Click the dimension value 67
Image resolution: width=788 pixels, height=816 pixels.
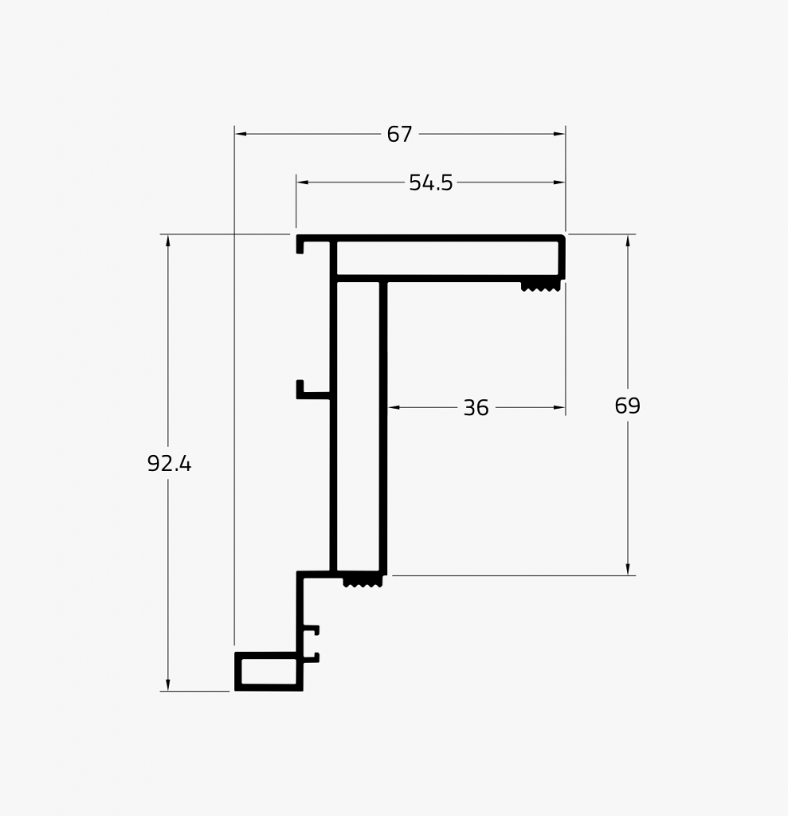coord(399,135)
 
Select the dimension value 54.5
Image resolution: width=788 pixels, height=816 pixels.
coord(430,183)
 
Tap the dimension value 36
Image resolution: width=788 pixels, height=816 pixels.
coord(476,408)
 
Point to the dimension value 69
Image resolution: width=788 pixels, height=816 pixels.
coord(627,406)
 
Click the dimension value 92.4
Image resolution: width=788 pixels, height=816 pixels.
coord(169,464)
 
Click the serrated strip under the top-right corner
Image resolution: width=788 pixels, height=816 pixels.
coord(539,285)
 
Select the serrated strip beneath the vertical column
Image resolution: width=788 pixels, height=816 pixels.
coord(363,583)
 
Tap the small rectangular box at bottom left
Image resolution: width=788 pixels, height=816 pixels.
coord(269,671)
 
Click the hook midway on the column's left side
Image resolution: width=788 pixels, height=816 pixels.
coord(307,390)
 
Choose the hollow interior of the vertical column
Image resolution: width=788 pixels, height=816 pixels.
coord(358,422)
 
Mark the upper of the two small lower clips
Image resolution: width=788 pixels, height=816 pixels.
coord(312,630)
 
